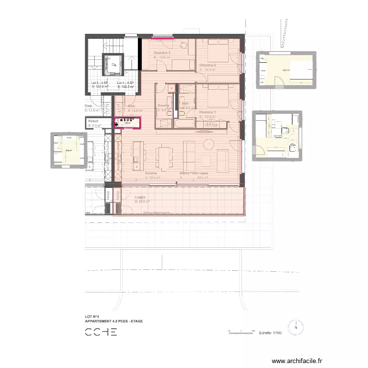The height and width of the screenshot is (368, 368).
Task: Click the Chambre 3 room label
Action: [x=162, y=53]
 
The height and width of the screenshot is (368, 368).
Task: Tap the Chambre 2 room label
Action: [x=208, y=65]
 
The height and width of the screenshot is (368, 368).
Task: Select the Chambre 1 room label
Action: [x=208, y=112]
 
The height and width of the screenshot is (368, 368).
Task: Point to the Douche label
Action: [x=164, y=105]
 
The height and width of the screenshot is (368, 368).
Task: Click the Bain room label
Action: [x=185, y=104]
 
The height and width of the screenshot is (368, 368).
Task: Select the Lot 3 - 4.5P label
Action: [x=100, y=82]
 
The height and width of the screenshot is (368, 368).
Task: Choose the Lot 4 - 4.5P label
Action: [x=126, y=82]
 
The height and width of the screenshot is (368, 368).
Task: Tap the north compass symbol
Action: [x=296, y=327]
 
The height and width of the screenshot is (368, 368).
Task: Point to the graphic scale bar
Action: [x=241, y=332]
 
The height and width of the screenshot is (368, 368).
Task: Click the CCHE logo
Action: [x=101, y=332]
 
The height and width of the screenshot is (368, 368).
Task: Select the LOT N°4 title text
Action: [x=92, y=317]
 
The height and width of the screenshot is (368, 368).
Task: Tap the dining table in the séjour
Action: [x=163, y=158]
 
